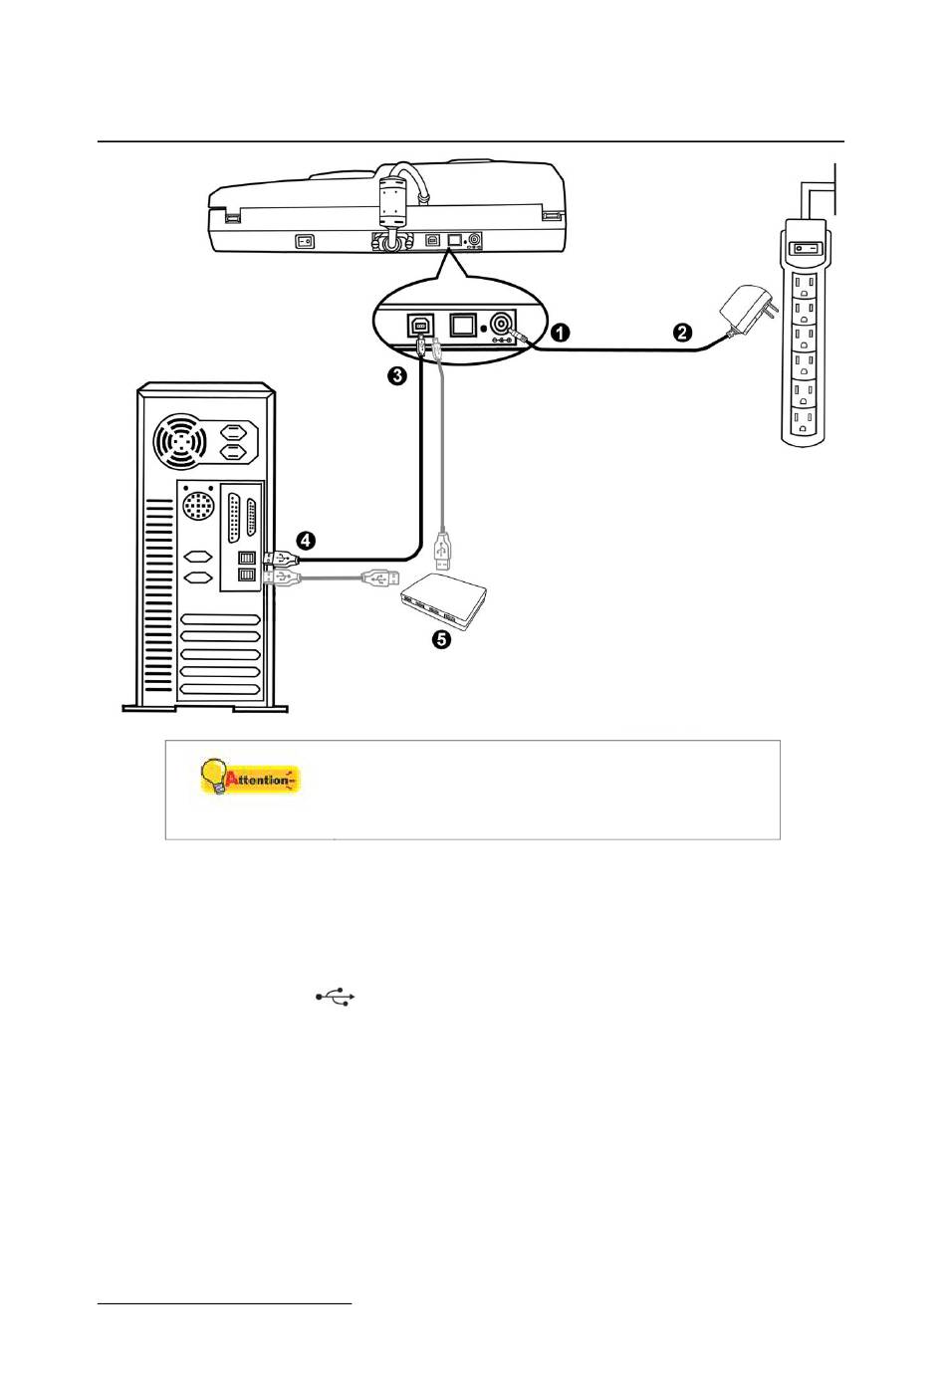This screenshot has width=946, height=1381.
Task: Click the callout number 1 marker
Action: [x=561, y=333]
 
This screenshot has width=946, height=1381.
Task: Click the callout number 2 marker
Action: [x=682, y=333]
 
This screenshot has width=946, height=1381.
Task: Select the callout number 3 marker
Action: [x=397, y=376]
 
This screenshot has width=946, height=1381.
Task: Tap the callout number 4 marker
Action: [x=306, y=541]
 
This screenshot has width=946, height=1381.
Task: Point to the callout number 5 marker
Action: [x=440, y=639]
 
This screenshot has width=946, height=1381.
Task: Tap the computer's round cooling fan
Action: [x=181, y=441]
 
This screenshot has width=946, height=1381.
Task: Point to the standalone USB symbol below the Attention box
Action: [x=336, y=996]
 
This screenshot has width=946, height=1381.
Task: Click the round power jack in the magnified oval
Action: [x=502, y=323]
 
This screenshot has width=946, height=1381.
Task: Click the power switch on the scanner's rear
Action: [x=305, y=241]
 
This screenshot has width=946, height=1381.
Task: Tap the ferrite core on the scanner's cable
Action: [x=393, y=201]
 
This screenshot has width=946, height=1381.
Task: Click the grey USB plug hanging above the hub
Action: [x=443, y=552]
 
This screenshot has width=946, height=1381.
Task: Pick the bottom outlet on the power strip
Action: [x=804, y=422]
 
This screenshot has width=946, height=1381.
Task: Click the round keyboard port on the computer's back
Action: [x=199, y=507]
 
